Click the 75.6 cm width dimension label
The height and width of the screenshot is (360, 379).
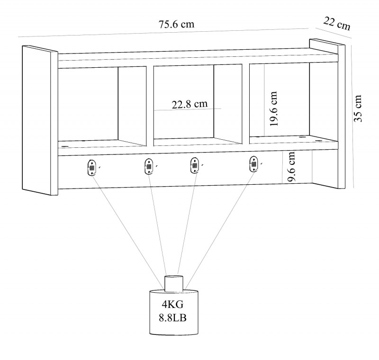click(176, 25)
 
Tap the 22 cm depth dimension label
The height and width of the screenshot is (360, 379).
click(337, 23)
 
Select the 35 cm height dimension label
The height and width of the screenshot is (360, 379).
click(358, 108)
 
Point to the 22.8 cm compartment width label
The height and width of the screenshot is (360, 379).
click(190, 104)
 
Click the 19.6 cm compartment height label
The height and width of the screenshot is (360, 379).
click(273, 109)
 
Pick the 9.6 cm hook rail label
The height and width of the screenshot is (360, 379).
click(291, 166)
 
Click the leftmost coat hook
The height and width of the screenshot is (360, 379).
click(91, 168)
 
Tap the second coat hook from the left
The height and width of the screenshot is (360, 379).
click(149, 166)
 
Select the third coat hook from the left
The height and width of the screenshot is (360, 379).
click(194, 165)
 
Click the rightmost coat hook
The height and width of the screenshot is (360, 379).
click(253, 164)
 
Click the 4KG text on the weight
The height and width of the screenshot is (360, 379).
click(172, 305)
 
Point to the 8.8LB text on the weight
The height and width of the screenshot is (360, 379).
click(172, 318)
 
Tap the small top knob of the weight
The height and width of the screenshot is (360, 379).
click(174, 283)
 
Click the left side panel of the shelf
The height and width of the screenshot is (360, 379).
click(40, 120)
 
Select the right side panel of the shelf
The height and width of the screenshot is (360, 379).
click(327, 114)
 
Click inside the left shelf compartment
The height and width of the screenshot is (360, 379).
click(88, 104)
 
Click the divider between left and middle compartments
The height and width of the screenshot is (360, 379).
click(150, 106)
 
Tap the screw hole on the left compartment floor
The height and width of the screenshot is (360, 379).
click(64, 146)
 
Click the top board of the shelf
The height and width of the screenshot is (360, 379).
click(198, 55)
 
